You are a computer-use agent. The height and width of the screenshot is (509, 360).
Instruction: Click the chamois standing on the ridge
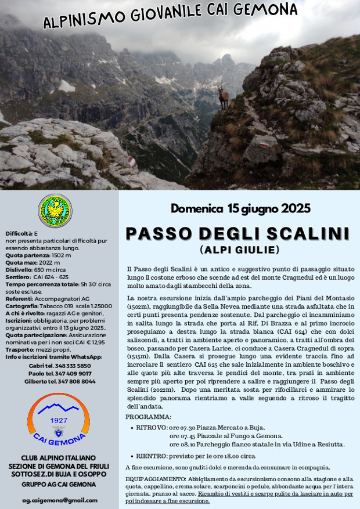click(222, 98)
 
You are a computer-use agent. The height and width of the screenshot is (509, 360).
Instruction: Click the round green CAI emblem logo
click(55, 211)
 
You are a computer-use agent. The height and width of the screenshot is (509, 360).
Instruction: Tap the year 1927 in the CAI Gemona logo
click(58, 420)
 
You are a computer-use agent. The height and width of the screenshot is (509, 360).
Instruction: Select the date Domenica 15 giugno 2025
click(240, 208)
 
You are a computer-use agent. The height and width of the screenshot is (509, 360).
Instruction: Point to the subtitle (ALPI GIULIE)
click(240, 250)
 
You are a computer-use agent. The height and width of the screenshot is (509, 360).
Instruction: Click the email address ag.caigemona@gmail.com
click(60, 500)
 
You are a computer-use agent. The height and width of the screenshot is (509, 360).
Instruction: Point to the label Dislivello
click(19, 269)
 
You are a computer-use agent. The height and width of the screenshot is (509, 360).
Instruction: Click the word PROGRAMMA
click(148, 417)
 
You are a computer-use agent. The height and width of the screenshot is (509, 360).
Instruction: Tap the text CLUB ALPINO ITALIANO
click(59, 458)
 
